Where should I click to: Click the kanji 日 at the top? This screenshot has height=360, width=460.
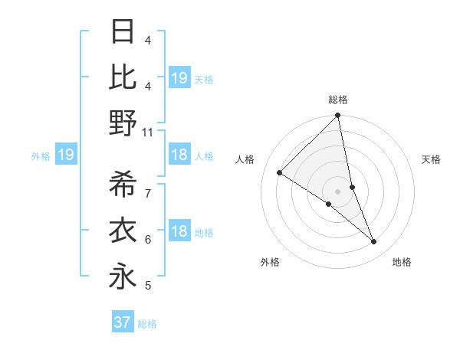click(x=123, y=31)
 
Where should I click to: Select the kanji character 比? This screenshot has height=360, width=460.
click(x=123, y=77)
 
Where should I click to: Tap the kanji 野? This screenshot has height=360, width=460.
click(x=123, y=123)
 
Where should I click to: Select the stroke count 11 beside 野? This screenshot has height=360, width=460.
click(x=148, y=133)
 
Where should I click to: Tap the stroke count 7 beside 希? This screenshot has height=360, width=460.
click(x=148, y=194)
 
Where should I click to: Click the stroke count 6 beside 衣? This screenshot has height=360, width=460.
click(x=148, y=240)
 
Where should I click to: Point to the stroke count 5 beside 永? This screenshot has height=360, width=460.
click(x=148, y=286)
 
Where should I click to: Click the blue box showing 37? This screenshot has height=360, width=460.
click(x=122, y=322)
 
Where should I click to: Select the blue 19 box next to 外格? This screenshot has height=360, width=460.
click(x=65, y=155)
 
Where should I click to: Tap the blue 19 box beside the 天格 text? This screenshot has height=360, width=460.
click(x=179, y=77)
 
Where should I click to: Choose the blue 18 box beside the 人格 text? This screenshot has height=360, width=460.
click(x=179, y=155)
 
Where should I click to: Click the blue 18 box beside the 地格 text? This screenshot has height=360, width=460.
click(x=179, y=232)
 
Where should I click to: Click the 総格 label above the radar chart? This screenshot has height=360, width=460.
click(x=338, y=100)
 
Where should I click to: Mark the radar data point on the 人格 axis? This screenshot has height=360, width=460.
click(x=279, y=172)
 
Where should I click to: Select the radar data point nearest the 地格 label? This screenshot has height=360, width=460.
click(x=374, y=241)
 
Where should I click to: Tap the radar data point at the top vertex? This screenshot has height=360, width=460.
click(x=338, y=116)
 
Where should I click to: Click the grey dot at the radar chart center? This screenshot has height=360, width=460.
click(x=338, y=191)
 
